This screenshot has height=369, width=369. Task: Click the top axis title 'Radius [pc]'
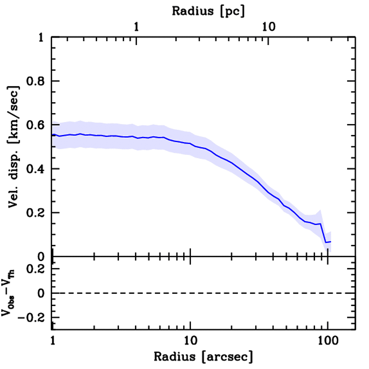208,11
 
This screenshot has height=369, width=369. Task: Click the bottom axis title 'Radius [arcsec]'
203,356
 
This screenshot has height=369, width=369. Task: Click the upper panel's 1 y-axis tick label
42,38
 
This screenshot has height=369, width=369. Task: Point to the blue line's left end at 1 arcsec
53,135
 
